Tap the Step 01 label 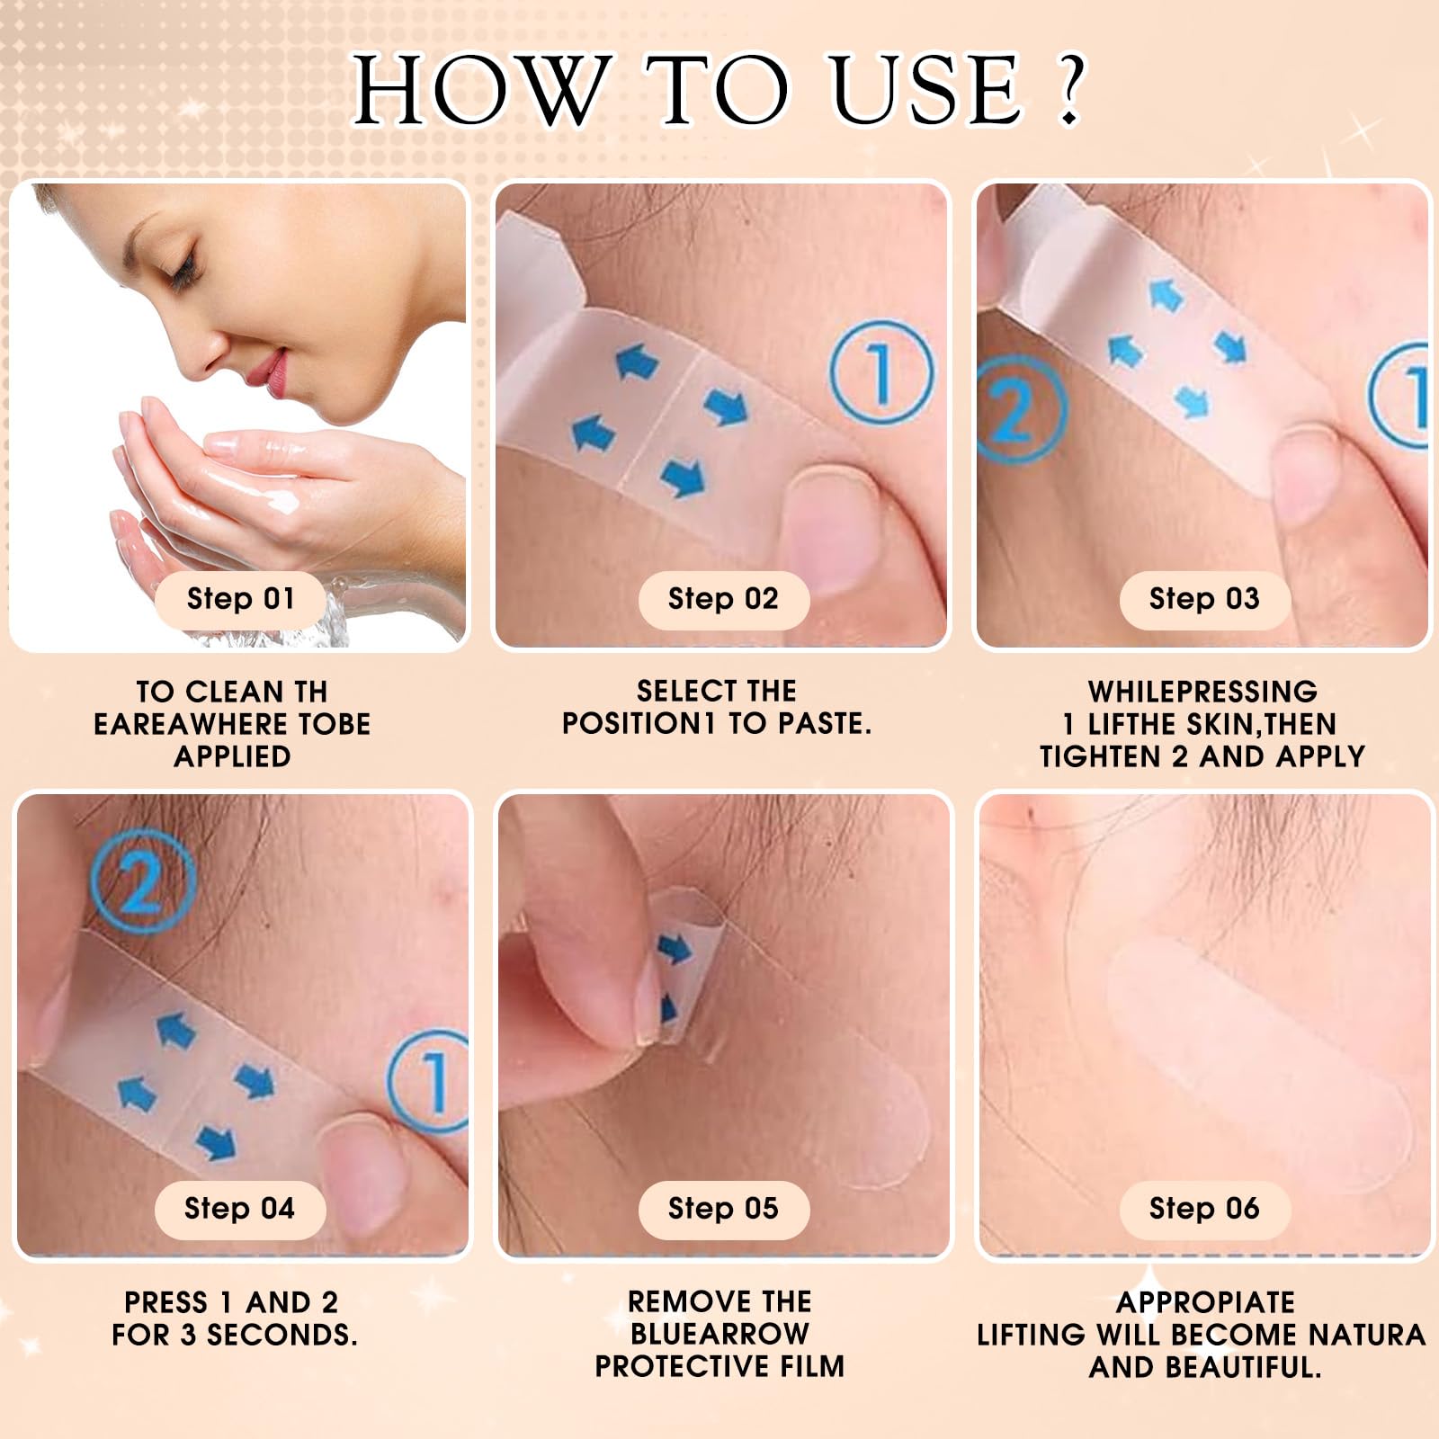240,599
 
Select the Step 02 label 723,599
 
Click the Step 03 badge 1204,599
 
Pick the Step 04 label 239,1209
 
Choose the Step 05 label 723,1209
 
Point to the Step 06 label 1204,1209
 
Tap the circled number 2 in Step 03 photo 1019,409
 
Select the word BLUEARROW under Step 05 719,1334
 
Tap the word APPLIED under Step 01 232,756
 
